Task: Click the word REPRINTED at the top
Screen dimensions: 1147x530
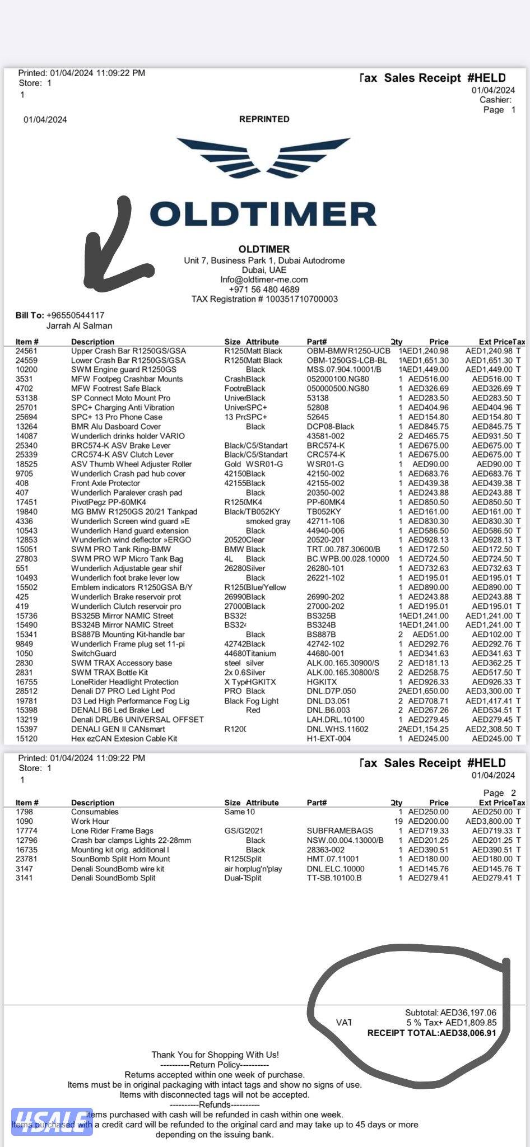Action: tap(264, 119)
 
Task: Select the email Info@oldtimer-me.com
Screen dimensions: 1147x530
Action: tap(264, 279)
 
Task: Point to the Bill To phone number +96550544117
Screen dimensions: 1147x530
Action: tap(75, 315)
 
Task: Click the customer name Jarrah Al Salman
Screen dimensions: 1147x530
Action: tap(79, 325)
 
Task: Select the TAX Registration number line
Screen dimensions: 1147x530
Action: tap(264, 299)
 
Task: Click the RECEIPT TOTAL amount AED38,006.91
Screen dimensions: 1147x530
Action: tap(468, 1033)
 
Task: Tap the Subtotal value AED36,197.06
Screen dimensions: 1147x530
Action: tap(468, 1013)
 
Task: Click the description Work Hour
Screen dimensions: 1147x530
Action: tap(90, 821)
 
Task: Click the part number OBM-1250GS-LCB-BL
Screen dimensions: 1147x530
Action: tap(347, 360)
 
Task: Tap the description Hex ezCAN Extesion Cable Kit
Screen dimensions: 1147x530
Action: tap(124, 738)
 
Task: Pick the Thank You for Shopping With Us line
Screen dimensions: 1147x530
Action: tap(215, 1055)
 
